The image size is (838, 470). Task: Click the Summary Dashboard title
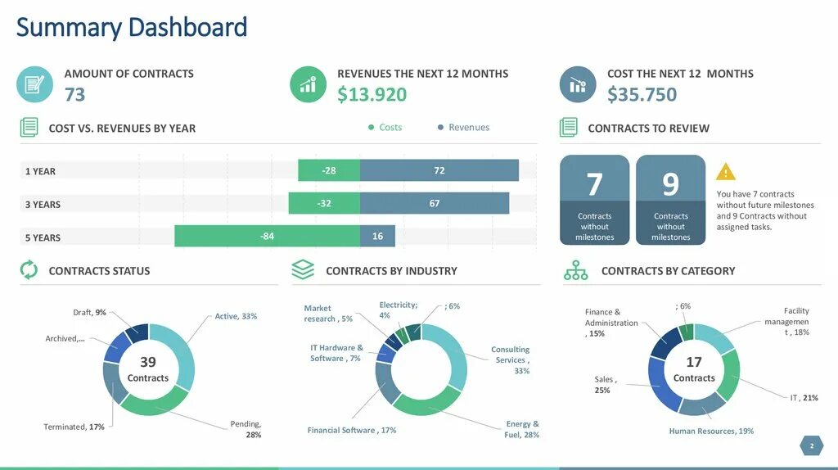click(132, 28)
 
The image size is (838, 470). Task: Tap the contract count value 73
click(74, 95)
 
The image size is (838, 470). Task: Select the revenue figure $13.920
click(372, 95)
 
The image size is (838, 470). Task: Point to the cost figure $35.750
click(642, 95)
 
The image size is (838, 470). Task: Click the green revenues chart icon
click(309, 84)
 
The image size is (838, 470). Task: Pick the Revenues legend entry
click(463, 128)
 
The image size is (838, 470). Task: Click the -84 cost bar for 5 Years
click(267, 237)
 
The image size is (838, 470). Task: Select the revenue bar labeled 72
click(439, 170)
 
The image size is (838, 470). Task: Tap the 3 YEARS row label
click(43, 205)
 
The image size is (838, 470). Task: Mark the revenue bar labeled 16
click(377, 237)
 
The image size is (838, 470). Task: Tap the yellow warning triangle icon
click(726, 172)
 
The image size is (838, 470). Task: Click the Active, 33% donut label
click(236, 316)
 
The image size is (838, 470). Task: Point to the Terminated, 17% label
click(74, 427)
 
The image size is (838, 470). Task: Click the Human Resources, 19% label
click(711, 431)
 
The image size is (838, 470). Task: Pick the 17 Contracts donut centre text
click(694, 369)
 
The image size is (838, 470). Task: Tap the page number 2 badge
click(812, 446)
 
